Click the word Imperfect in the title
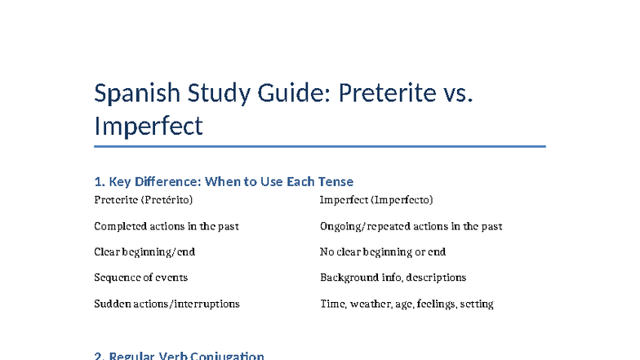pyautogui.click(x=148, y=127)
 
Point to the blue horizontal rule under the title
pyautogui.click(x=319, y=147)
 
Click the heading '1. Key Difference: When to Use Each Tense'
pyautogui.click(x=224, y=181)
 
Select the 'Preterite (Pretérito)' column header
pyautogui.click(x=144, y=200)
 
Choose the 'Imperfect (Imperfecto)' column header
pyautogui.click(x=376, y=200)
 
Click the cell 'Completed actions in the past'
pyautogui.click(x=167, y=226)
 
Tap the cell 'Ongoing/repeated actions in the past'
pyautogui.click(x=411, y=226)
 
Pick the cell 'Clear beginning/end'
pyautogui.click(x=144, y=252)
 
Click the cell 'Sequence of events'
pyautogui.click(x=141, y=278)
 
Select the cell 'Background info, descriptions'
pyautogui.click(x=393, y=278)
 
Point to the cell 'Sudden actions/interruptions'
pyautogui.click(x=167, y=304)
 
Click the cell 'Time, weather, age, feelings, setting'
pyautogui.click(x=407, y=304)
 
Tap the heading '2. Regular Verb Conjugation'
pyautogui.click(x=180, y=356)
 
